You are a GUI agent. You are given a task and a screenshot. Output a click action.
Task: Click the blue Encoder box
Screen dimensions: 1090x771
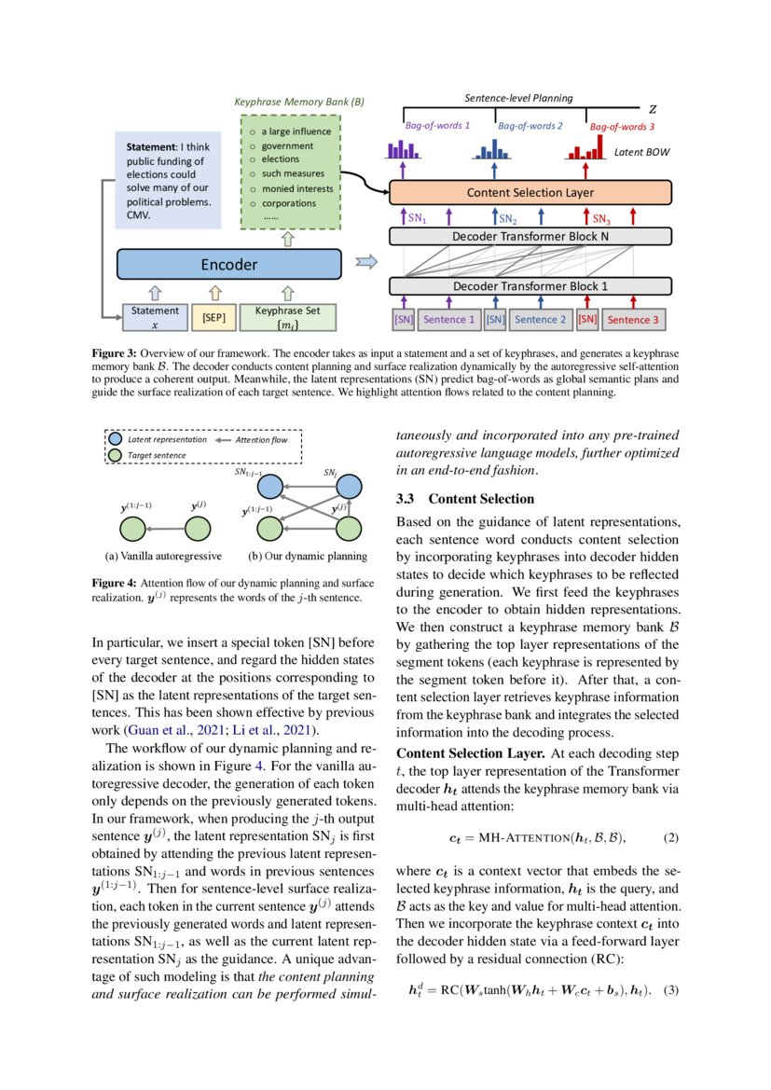[x=229, y=264]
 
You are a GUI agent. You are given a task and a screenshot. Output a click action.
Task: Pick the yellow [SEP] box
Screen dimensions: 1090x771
[x=213, y=317]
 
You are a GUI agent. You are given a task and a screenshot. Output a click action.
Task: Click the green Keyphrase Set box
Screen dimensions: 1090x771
[x=287, y=317]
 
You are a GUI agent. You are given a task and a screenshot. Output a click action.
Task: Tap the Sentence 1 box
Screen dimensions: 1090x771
[x=449, y=320]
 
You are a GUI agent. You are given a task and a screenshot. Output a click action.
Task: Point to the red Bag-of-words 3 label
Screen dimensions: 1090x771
[x=622, y=126]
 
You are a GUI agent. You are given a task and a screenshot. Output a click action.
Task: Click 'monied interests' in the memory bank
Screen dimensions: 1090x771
[x=296, y=188]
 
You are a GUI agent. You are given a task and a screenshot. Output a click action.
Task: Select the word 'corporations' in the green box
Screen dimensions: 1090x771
[x=288, y=202]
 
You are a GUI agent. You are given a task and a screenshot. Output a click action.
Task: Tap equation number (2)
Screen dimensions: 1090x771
[x=670, y=836]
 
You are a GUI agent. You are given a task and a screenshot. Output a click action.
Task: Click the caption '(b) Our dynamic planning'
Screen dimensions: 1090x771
[x=307, y=557]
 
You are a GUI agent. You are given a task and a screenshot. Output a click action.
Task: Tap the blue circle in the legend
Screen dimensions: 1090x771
[x=114, y=438]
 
